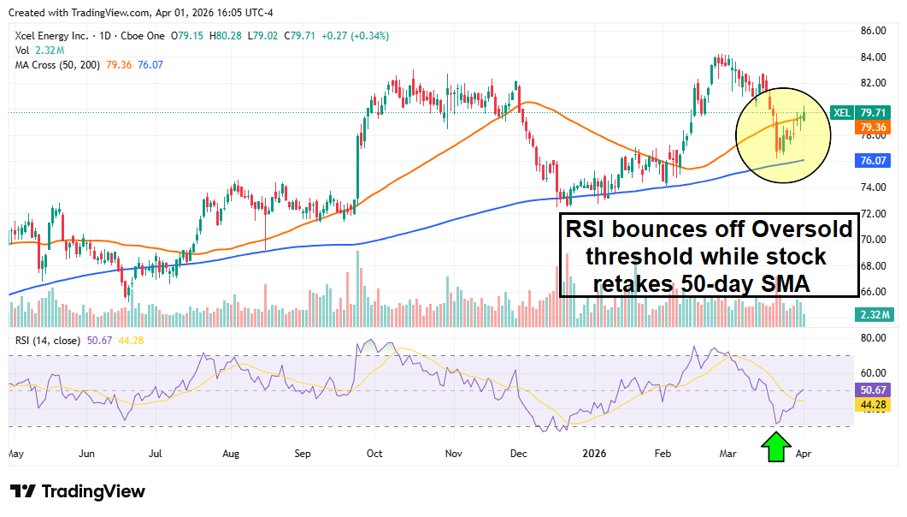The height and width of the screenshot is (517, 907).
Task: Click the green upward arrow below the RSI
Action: (775, 448)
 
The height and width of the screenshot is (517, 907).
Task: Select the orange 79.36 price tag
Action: (872, 127)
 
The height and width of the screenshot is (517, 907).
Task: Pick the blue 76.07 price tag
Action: (872, 160)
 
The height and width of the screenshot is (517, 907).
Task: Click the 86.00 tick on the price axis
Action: (872, 31)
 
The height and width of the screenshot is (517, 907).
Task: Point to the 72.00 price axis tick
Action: (872, 213)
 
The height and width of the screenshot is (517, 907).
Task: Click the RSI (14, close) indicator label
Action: (48, 340)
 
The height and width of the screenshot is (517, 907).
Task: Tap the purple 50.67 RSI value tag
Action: (872, 389)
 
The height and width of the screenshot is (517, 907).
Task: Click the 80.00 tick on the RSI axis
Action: (872, 338)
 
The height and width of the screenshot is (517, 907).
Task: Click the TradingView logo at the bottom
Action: (78, 492)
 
